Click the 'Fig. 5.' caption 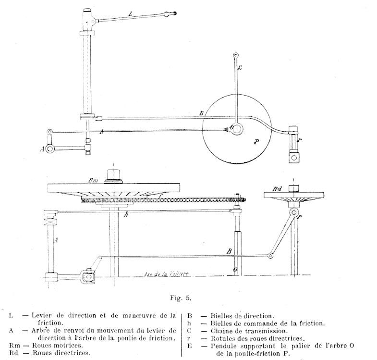[181, 298]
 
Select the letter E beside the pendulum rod [240, 69]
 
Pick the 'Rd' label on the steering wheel [278, 189]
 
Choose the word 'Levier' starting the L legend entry [42, 315]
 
